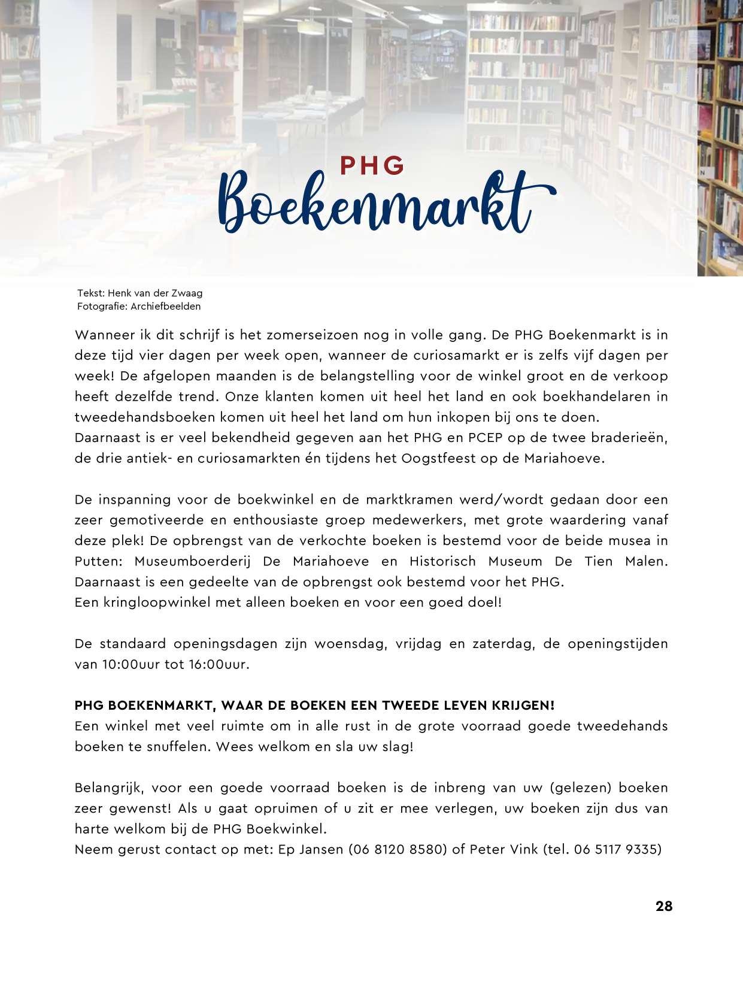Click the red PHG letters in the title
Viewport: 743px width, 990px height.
point(372,166)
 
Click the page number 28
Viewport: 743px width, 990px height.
point(664,906)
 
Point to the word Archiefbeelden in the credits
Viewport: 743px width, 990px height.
point(166,306)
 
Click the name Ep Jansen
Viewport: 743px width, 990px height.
point(311,849)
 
